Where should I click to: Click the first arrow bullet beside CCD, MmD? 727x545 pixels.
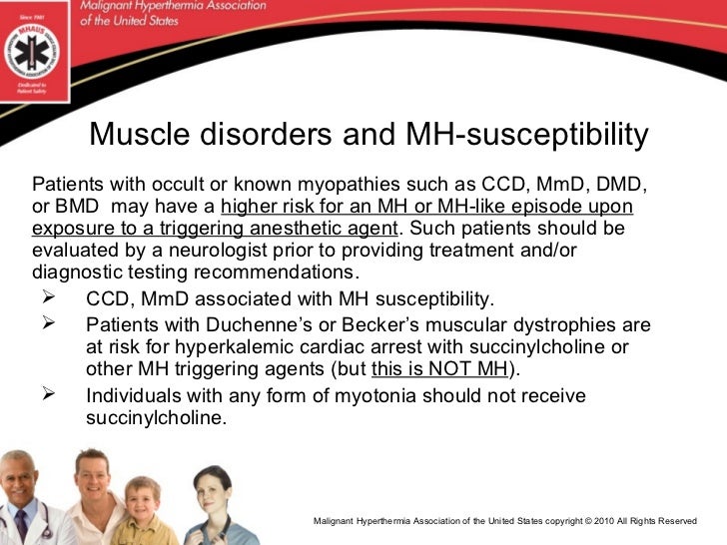click(50, 296)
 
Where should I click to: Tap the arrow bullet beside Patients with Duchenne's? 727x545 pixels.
click(50, 323)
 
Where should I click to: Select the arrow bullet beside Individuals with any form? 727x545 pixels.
click(50, 393)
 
